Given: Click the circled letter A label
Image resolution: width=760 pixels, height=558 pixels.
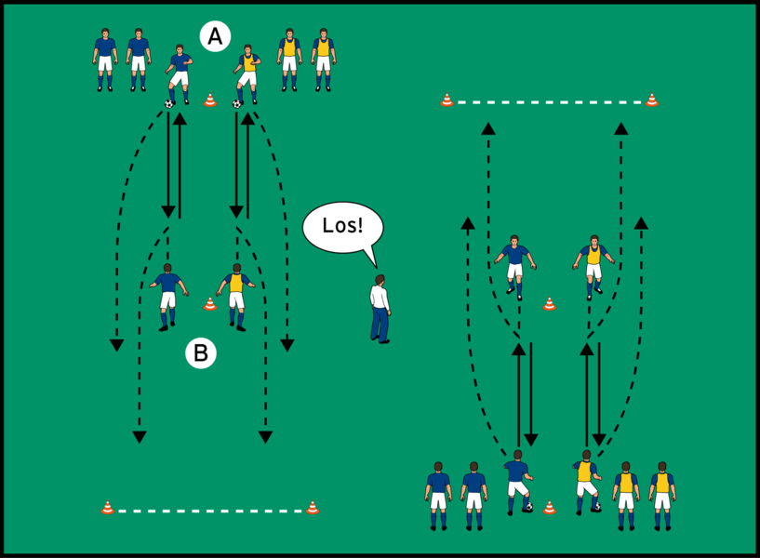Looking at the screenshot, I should (215, 37).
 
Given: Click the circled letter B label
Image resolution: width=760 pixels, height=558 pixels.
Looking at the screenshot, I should (200, 353).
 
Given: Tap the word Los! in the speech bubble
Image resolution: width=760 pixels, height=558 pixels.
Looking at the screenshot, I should (342, 226).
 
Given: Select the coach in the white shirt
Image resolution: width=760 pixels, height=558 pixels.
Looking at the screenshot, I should (380, 309).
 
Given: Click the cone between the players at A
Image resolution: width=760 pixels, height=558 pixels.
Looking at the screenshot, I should (210, 100).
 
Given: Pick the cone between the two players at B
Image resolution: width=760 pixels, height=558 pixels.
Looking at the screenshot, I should (210, 303).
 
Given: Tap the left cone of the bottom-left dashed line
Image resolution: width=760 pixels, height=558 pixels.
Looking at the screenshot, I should (107, 508).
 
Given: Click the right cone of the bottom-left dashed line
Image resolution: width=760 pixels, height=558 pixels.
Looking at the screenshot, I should (313, 508).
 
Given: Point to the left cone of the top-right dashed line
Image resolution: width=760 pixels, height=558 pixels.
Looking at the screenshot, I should (447, 100).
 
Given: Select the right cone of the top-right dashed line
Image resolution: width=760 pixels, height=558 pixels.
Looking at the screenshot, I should (652, 100).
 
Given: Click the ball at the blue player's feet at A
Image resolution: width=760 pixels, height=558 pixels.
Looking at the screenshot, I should (169, 104).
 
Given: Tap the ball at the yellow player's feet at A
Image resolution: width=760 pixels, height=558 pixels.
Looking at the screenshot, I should (237, 104).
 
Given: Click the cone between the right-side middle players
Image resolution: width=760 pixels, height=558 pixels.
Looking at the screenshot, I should (550, 303).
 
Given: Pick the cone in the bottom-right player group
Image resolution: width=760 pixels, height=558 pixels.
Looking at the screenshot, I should (550, 508).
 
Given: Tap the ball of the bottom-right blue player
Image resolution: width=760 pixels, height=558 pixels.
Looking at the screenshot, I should (528, 507).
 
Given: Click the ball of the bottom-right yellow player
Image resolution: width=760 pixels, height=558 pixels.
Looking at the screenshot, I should (597, 507).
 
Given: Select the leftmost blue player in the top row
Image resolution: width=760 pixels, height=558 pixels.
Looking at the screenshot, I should (104, 60).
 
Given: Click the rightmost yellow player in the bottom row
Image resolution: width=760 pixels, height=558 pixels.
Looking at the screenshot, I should (661, 495).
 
